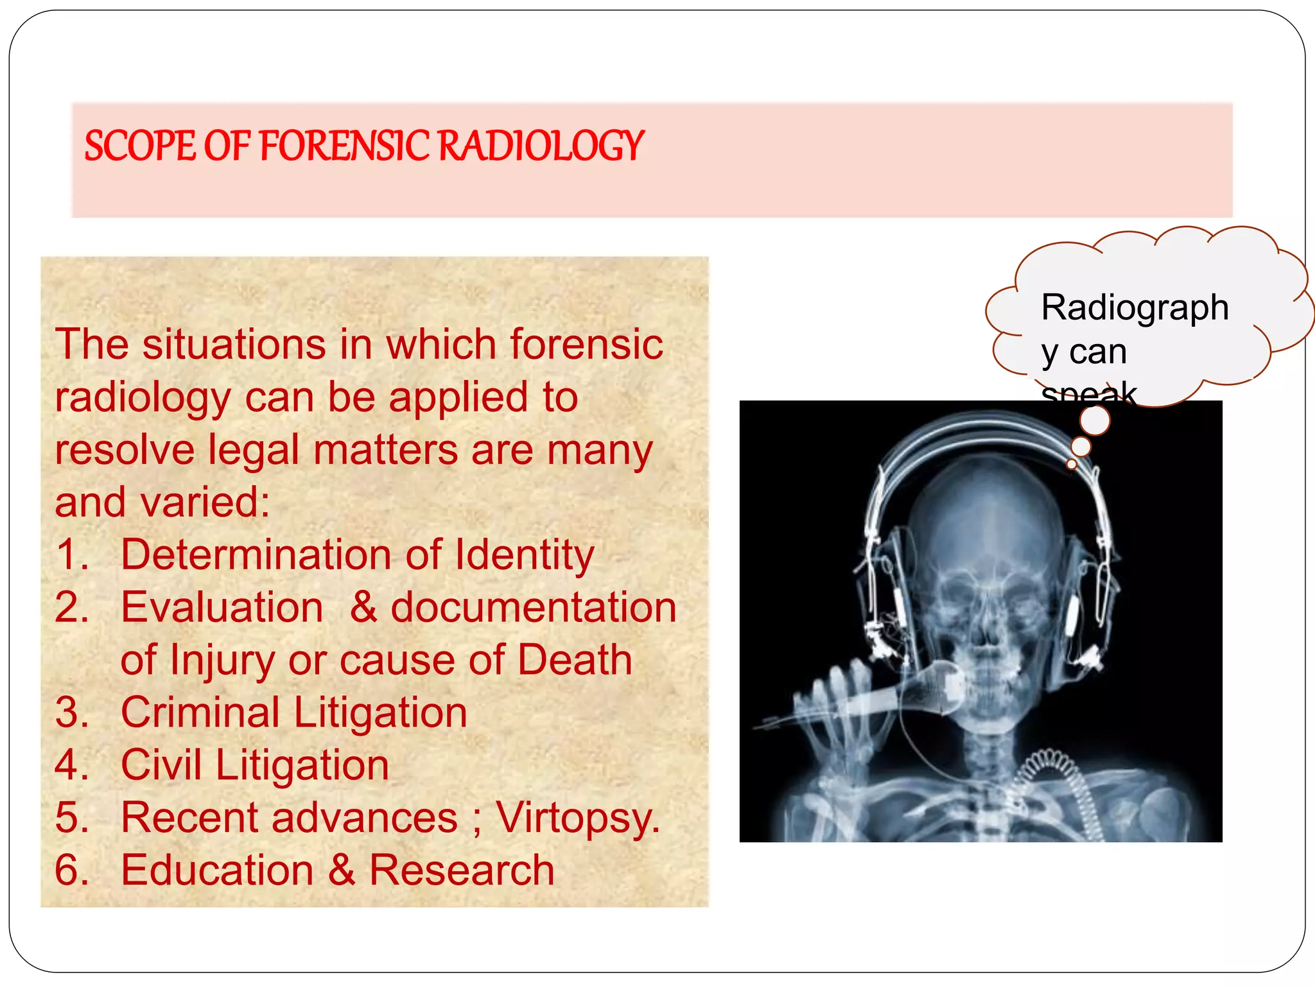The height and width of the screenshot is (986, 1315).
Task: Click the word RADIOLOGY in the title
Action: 541,146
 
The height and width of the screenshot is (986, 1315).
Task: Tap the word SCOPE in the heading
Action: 140,146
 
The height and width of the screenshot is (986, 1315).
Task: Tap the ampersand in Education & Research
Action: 342,870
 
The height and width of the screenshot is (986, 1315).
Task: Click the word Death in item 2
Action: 575,660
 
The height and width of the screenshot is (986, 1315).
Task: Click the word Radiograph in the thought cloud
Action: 1135,307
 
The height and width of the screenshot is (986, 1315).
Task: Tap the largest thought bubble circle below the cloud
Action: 1095,421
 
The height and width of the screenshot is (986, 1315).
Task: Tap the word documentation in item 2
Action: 533,607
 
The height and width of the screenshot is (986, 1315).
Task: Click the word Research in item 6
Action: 462,870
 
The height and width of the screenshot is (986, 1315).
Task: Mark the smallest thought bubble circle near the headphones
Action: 1071,464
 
